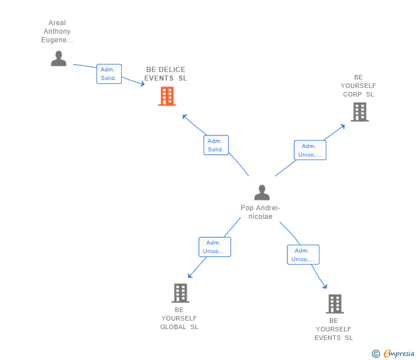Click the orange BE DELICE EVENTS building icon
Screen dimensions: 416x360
tap(167, 96)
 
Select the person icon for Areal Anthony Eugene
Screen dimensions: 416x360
tap(59, 58)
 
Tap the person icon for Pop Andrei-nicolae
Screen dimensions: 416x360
tap(262, 193)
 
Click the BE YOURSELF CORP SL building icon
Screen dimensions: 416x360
tap(360, 112)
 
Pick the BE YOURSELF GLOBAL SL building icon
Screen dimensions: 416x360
tap(181, 293)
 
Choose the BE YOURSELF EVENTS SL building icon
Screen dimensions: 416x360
tap(335, 304)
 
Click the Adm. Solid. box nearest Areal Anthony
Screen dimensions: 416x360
tap(109, 74)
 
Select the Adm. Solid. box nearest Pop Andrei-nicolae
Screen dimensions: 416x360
tap(216, 145)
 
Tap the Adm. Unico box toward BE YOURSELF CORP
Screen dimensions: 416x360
tap(310, 150)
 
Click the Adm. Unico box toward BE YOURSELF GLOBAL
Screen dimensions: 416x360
tap(215, 247)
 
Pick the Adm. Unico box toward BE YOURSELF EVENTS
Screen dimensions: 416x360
tap(303, 255)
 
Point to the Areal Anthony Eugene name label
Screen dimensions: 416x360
tap(57, 31)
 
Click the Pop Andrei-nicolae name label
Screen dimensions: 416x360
tap(261, 212)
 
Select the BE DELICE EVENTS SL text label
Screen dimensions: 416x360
tap(166, 74)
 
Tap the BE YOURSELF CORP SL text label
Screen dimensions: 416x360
tap(358, 86)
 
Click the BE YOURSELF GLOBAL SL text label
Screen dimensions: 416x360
tap(179, 318)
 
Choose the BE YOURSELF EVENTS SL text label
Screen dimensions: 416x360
tap(334, 329)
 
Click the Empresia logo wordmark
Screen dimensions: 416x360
tap(399, 353)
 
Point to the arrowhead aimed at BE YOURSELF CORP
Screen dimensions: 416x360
tap(343, 126)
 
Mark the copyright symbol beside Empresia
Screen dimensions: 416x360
tap(375, 354)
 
